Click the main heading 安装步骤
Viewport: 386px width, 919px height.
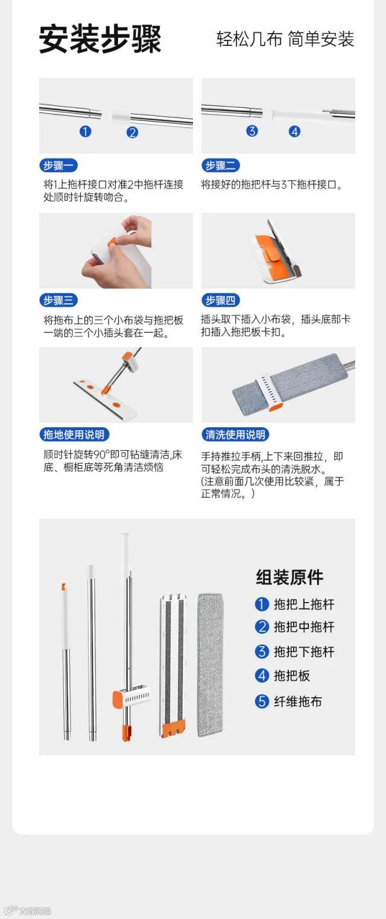pos(100,39)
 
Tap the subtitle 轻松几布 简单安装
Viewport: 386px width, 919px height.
pos(285,39)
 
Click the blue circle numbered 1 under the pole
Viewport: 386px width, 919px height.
pos(86,132)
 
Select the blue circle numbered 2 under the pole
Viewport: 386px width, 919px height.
pos(132,132)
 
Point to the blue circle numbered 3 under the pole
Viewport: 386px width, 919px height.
pos(252,131)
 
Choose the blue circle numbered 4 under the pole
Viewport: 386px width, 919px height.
pos(295,132)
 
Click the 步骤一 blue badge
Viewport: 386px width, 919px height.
pos(59,165)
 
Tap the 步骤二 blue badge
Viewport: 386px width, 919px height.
pos(221,165)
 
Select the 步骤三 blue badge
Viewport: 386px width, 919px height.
pos(59,300)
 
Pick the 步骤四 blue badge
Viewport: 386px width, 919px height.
pos(221,300)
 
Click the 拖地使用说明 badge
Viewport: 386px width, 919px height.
pos(74,434)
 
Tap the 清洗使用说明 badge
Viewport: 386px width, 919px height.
pos(235,434)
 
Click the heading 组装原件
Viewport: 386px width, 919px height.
pos(289,577)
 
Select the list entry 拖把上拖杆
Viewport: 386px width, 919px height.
pos(305,604)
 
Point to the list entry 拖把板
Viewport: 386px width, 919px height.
pos(292,676)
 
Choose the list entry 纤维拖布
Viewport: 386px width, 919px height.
pos(298,701)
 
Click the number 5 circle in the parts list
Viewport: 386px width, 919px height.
pos(262,701)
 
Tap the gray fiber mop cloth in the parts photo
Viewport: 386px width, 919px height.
pos(210,665)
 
